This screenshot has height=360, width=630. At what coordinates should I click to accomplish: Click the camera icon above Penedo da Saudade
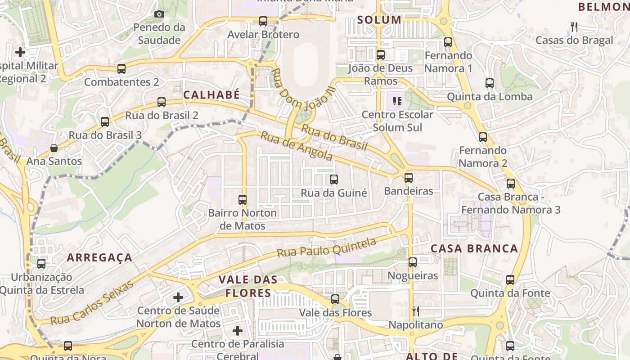(x=159, y=14)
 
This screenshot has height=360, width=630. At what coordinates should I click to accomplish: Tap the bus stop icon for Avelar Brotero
(x=263, y=21)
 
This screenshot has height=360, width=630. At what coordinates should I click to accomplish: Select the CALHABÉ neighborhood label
(x=211, y=95)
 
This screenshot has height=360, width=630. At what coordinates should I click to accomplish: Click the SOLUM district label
(x=379, y=20)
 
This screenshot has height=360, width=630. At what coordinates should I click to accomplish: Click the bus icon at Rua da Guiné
(x=334, y=180)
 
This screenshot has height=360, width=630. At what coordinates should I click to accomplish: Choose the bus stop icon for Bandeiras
(x=409, y=177)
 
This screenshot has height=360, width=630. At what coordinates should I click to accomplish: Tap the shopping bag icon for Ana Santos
(x=54, y=148)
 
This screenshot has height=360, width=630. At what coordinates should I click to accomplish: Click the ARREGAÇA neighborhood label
(x=99, y=258)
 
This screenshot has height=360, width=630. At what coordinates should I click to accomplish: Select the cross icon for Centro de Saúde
(x=178, y=297)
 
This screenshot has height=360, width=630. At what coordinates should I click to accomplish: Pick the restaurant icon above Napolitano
(x=416, y=311)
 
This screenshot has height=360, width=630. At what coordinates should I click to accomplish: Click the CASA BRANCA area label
(x=474, y=249)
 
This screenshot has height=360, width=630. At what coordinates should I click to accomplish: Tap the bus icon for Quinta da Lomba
(x=490, y=83)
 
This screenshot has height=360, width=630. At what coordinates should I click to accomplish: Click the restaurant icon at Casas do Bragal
(x=574, y=27)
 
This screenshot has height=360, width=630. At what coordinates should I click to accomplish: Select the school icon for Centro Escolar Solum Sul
(x=397, y=101)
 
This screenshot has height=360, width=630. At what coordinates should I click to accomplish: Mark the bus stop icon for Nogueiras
(x=413, y=262)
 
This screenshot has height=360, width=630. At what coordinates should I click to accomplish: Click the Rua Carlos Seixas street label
(x=92, y=302)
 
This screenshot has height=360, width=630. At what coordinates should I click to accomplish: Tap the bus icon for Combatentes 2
(x=121, y=69)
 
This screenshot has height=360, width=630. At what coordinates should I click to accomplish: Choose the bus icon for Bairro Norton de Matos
(x=243, y=199)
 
